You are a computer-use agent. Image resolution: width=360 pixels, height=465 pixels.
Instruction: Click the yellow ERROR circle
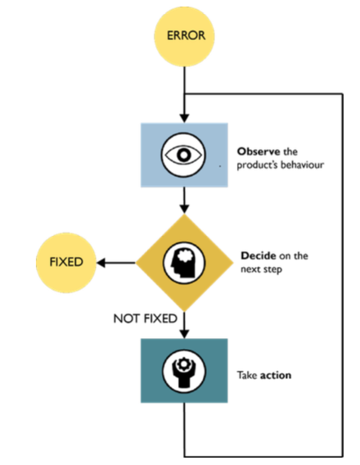pyautogui.click(x=187, y=37)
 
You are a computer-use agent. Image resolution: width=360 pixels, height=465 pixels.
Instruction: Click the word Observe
pyautogui.click(x=258, y=151)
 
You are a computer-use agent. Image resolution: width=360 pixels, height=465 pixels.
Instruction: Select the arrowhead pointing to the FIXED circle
pyautogui.click(x=100, y=264)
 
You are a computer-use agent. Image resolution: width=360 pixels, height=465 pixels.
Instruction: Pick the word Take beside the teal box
pyautogui.click(x=248, y=376)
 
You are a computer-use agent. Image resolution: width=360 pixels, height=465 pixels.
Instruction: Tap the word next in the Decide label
pyautogui.click(x=250, y=269)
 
